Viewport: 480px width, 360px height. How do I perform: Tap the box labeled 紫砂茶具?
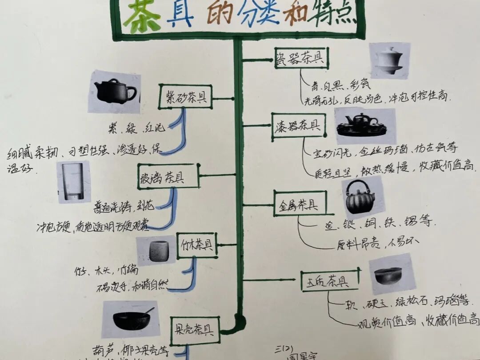pyautogui.click(x=186, y=96)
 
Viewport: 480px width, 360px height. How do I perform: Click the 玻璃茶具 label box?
pyautogui.click(x=168, y=177)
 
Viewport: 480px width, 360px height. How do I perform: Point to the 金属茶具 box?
pyautogui.click(x=300, y=205)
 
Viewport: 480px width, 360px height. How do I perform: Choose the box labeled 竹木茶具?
pyautogui.click(x=196, y=245)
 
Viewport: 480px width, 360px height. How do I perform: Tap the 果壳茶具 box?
pyautogui.click(x=195, y=329)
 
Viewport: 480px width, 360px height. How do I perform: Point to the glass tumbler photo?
pyautogui.click(x=73, y=182)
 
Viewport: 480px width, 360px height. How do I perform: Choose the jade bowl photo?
pyautogui.click(x=391, y=274)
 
